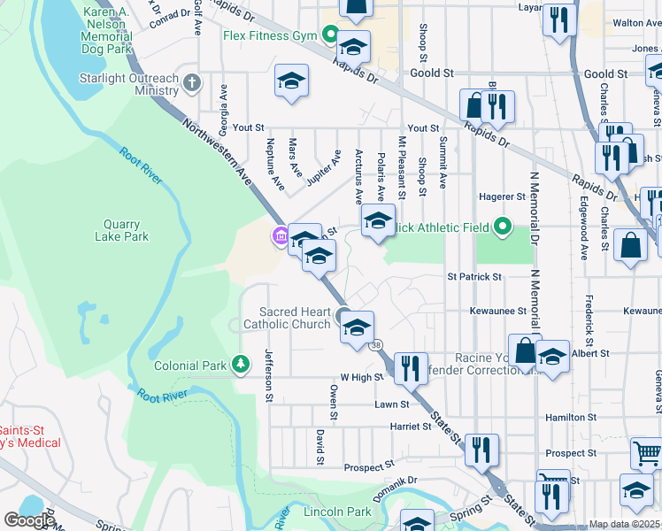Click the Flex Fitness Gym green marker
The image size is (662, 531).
coord(331,36)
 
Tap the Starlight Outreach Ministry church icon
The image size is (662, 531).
coord(192,84)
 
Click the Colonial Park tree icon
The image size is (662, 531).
coord(239,365)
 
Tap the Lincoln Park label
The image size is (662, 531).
coord(337,512)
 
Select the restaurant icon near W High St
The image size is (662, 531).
coord(410,366)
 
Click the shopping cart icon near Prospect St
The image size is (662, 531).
coord(647,453)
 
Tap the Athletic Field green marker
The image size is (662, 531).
coord(504,227)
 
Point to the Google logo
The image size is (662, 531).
coord(29,519)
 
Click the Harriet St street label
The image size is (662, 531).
coord(409,427)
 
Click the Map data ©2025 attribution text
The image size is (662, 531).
coord(625,524)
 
